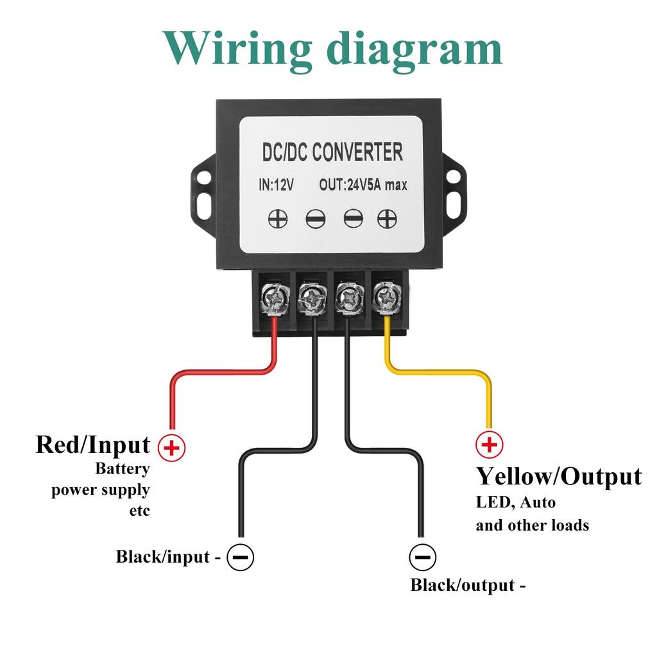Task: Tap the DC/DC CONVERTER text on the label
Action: click(x=333, y=153)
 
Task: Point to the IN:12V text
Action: click(x=276, y=185)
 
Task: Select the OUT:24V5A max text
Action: click(x=363, y=185)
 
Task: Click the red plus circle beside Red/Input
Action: click(x=171, y=447)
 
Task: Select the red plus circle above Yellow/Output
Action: click(x=489, y=444)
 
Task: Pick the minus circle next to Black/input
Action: click(x=241, y=556)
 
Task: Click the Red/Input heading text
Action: click(x=93, y=444)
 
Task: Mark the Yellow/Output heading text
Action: click(x=558, y=477)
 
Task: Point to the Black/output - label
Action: click(x=468, y=585)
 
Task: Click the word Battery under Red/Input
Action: click(x=122, y=468)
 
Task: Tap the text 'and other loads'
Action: click(x=532, y=525)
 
